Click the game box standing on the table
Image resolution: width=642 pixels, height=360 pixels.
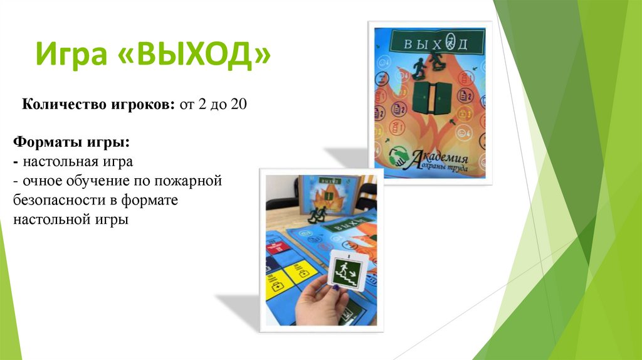point(325,194)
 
